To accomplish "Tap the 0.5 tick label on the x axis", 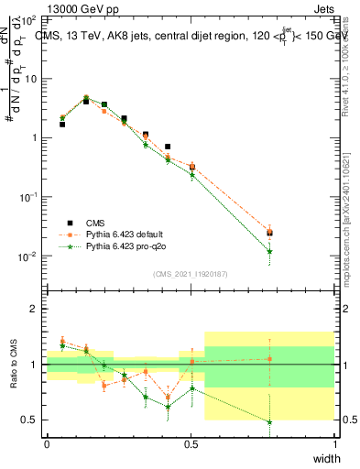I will [191, 442].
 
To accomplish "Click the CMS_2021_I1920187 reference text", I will [191, 274].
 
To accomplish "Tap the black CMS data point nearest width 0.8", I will [269, 233].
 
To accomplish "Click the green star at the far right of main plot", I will [269, 251].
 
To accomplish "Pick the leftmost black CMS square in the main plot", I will [62, 124].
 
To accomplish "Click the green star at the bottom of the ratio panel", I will [269, 422].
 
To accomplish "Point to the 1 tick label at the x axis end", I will [334, 442].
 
